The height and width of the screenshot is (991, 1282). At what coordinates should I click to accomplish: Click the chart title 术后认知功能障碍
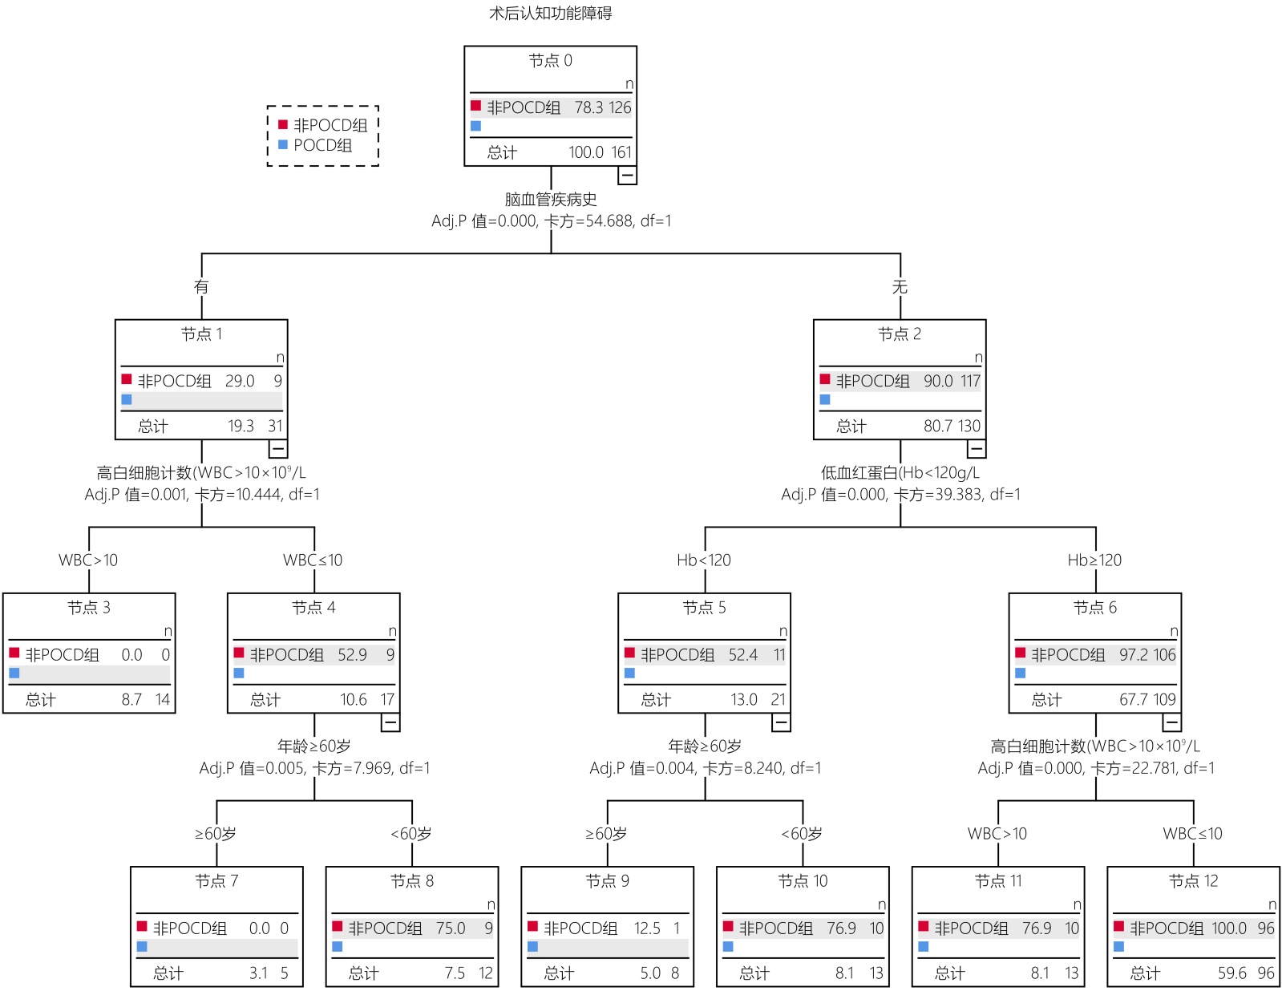pos(550,13)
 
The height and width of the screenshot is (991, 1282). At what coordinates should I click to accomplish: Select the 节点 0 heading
pos(550,61)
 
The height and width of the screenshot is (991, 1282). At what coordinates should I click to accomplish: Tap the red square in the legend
pos(283,124)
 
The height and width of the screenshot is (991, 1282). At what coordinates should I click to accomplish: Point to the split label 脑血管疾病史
pos(550,199)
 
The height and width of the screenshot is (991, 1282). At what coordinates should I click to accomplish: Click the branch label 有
pos(201,287)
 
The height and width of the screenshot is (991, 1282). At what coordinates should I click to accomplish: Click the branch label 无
pos(900,287)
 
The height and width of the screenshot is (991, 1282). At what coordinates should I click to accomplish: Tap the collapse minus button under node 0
pos(627,175)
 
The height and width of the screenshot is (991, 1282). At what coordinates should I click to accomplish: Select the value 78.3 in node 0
pos(588,107)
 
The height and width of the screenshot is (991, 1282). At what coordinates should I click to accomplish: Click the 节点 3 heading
pos(89,608)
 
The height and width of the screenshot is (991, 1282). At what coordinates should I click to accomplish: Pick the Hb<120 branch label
pos(704,560)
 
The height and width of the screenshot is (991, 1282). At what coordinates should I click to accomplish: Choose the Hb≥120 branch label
pos(1094,560)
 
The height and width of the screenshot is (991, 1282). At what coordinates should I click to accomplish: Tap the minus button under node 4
pos(390,722)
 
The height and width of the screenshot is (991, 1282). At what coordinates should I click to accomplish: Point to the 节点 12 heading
pos(1193,881)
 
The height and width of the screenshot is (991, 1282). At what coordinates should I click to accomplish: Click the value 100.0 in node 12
pos(1228,928)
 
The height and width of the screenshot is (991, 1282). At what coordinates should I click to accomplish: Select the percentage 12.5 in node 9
pos(647,928)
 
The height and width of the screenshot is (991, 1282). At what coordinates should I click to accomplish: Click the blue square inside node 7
pos(142,947)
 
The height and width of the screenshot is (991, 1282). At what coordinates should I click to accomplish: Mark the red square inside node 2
pos(825,379)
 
